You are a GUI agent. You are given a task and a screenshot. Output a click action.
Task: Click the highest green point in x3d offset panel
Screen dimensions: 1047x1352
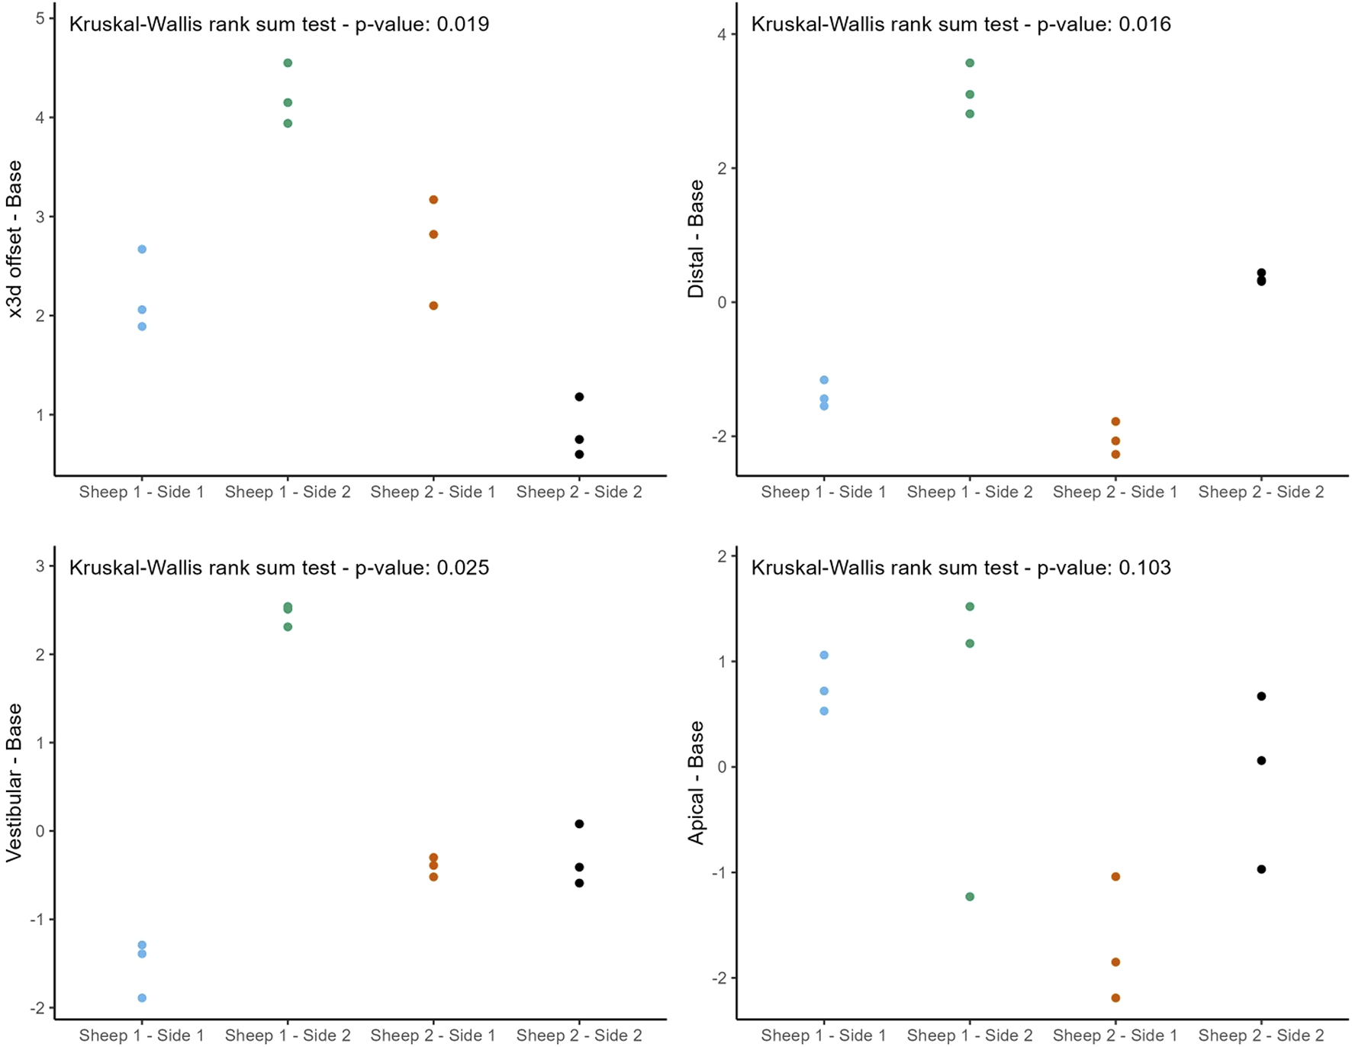coord(288,63)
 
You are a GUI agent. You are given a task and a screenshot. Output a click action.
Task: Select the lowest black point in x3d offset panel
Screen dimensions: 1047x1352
coord(579,454)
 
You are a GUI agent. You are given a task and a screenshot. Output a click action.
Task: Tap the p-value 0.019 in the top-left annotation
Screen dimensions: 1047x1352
coord(462,24)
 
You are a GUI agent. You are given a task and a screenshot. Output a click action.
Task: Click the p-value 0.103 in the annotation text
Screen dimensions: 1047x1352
coord(1144,568)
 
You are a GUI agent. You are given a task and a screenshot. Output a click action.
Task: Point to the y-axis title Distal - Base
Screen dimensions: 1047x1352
coord(696,238)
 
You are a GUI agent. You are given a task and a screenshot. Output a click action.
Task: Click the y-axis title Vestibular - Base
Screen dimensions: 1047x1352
coord(14,782)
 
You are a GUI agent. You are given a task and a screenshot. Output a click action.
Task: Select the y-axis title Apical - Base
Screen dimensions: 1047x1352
coord(696,782)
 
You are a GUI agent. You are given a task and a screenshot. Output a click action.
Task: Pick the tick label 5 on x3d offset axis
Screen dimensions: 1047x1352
coord(40,18)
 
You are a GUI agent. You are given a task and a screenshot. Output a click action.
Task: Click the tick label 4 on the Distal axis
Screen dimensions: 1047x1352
coord(722,35)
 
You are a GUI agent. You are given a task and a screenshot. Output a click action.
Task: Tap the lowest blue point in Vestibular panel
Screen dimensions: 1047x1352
coord(142,998)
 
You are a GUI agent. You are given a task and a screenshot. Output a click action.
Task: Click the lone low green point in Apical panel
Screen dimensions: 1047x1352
coord(970,897)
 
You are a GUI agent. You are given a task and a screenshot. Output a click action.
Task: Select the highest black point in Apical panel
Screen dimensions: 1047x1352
coord(1261,696)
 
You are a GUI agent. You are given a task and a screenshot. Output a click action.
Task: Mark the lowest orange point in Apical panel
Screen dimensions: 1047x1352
coord(1115,998)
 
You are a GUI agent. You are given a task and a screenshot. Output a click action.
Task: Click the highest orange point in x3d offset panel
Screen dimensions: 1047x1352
coord(433,200)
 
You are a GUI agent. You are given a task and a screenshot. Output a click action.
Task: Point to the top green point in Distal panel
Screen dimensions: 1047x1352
coord(970,63)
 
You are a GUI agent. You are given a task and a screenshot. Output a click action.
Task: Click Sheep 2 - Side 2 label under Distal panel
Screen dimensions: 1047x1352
coord(1260,492)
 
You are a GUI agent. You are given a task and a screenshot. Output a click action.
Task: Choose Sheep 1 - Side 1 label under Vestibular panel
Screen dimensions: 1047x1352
coord(142,1036)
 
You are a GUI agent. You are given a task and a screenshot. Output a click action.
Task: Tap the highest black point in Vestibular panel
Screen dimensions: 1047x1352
coord(579,824)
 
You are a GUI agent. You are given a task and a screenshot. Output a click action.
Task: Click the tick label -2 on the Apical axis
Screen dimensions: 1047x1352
coord(719,978)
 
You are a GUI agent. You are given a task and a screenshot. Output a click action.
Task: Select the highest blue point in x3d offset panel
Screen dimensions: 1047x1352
coord(142,250)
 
